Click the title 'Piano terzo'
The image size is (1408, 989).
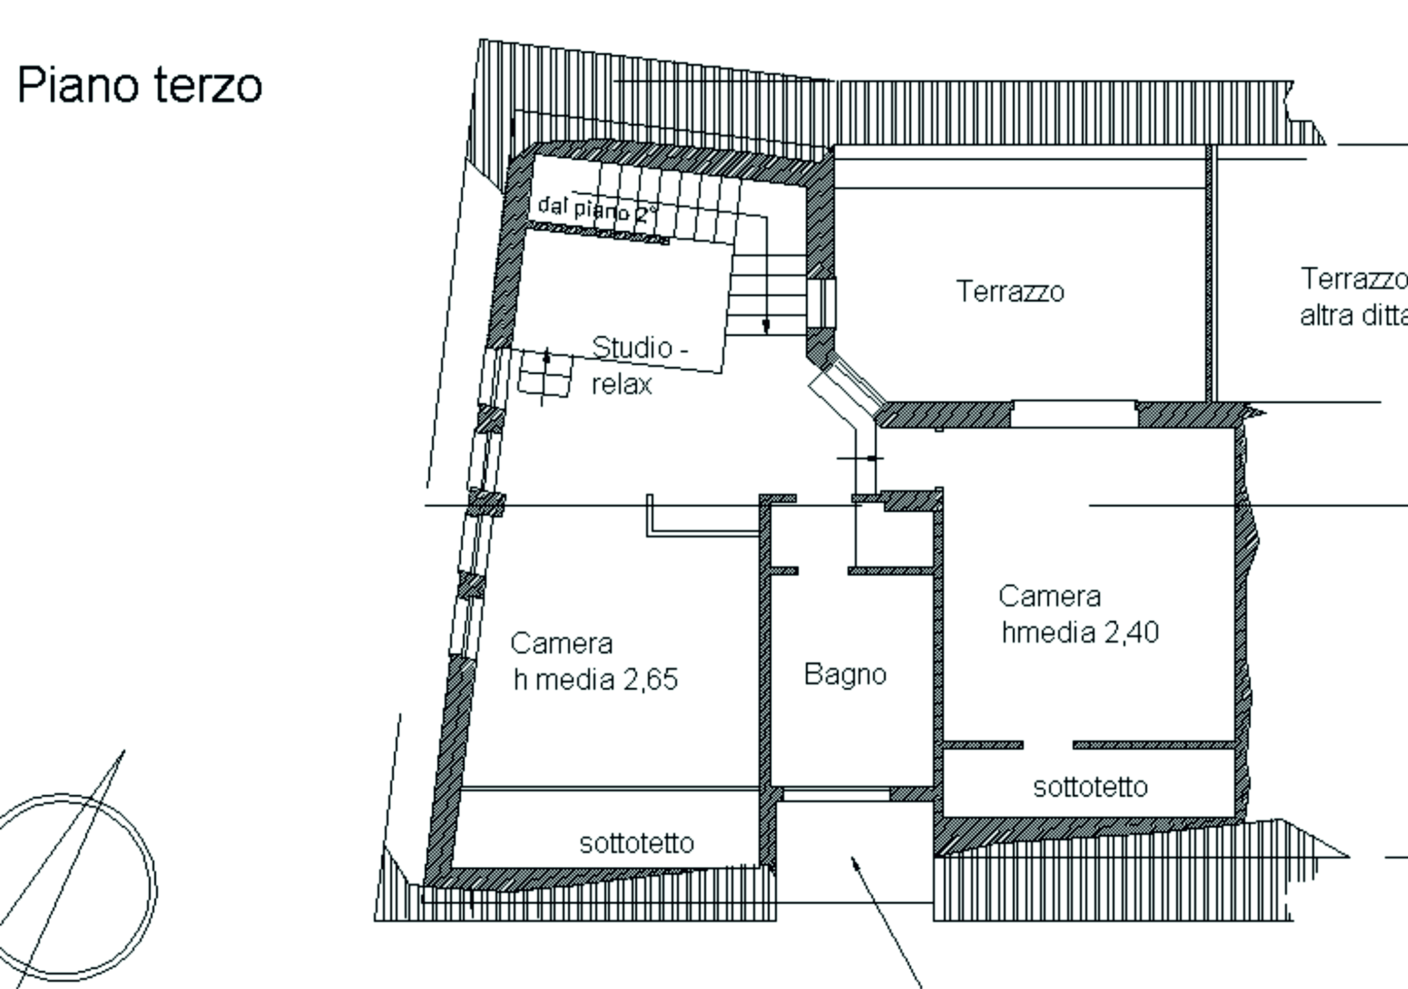point(140,86)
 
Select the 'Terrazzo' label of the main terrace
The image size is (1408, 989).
point(1010,291)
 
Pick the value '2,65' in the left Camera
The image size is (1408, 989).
point(650,679)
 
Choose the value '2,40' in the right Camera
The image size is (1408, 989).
point(1132,632)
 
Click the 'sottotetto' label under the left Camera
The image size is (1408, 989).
point(637,843)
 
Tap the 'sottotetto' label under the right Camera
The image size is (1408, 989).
point(1090,787)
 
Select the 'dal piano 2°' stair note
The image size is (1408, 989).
point(598,209)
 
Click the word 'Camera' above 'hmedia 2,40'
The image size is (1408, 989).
point(1050,596)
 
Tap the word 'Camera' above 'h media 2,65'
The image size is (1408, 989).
point(562,643)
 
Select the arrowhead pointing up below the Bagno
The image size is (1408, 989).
point(853,862)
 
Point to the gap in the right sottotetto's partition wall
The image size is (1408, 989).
point(1048,745)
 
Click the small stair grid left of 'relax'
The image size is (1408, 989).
point(545,375)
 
